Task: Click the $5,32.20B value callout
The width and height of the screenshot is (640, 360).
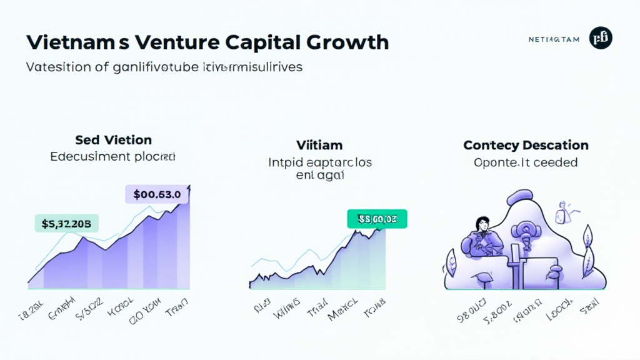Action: click(x=66, y=223)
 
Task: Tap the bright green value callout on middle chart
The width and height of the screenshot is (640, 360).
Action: click(x=376, y=219)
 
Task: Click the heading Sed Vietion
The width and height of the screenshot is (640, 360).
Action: click(x=113, y=139)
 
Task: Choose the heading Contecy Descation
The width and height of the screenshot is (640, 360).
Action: click(x=526, y=145)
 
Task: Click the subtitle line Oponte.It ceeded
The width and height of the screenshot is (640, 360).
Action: click(x=526, y=162)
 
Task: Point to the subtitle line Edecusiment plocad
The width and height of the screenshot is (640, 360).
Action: click(x=113, y=156)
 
